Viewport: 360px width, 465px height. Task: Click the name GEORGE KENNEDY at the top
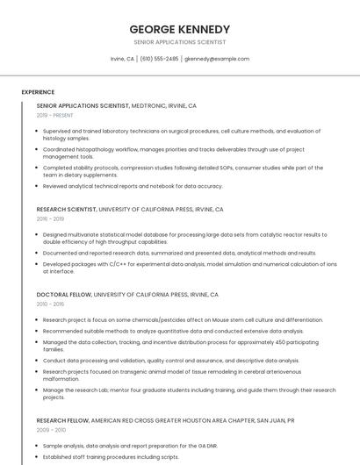[x=179, y=29]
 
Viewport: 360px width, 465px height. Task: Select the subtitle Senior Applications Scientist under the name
[x=179, y=42]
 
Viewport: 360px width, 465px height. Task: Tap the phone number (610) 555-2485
[x=159, y=59]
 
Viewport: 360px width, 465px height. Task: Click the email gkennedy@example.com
[x=217, y=59]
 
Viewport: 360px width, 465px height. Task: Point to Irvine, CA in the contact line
[x=122, y=59]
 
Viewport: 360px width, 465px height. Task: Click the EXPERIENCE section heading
[x=38, y=91]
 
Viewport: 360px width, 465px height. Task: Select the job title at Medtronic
[x=83, y=105]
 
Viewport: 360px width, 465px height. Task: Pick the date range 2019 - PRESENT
[x=54, y=115]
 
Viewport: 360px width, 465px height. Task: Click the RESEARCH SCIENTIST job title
[x=67, y=210]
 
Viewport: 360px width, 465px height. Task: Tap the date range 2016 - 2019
[x=50, y=218]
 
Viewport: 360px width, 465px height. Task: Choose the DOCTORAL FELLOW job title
[x=63, y=295]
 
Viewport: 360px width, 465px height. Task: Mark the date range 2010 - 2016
[x=50, y=304]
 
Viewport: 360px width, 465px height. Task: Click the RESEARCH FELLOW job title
[x=64, y=420]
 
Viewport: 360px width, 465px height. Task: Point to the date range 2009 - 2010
[x=51, y=430]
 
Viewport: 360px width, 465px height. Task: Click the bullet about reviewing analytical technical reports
[x=133, y=186]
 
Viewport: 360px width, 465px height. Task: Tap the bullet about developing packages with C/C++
[x=189, y=267]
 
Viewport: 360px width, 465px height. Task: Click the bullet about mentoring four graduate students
[x=189, y=393]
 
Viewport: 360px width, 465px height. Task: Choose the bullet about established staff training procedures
[x=111, y=456]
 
